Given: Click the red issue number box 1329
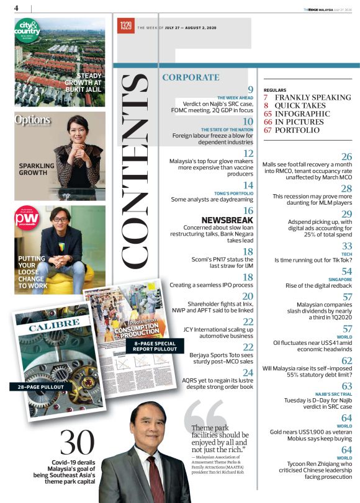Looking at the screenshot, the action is click(x=125, y=27).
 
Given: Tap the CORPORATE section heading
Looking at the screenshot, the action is click(x=191, y=78).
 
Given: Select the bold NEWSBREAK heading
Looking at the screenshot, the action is click(x=227, y=220).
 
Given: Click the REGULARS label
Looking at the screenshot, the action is click(x=275, y=90).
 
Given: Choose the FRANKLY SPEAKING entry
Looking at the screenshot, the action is click(x=313, y=97).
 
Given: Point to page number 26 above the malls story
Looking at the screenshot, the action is click(x=346, y=157).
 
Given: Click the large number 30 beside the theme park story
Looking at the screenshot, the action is click(x=78, y=443).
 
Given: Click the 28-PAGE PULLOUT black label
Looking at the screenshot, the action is click(x=37, y=387).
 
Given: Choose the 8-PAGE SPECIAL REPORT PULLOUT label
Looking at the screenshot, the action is click(x=155, y=345).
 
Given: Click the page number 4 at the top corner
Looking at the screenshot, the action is click(x=16, y=7).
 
